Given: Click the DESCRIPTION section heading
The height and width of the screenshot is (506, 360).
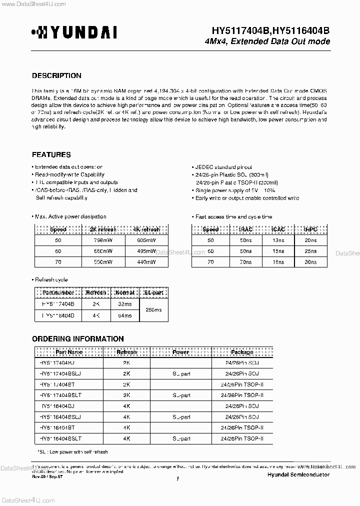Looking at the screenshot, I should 56,76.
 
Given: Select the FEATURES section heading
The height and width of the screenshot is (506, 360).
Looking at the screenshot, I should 51,155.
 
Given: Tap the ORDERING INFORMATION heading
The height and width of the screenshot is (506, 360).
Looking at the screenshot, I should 78,339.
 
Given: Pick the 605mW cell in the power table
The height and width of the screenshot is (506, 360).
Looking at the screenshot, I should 145,240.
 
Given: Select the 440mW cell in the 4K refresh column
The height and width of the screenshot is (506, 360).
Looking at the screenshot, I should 145,261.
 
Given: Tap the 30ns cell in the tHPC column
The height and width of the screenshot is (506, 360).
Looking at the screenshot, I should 310,261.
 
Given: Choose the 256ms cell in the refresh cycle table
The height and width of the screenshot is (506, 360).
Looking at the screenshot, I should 152,309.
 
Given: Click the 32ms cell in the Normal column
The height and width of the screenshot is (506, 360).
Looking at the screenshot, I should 124,303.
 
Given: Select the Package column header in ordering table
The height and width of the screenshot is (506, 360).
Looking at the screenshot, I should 241,352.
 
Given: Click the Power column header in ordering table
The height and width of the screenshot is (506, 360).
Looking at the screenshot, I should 180,352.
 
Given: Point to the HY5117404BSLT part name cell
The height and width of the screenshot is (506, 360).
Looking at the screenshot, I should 60,395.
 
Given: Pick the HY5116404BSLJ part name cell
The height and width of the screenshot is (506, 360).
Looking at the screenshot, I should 60,416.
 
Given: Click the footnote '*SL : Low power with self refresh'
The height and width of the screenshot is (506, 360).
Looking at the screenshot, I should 72,451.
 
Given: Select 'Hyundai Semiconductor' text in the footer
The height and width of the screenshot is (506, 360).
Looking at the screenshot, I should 298,474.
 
